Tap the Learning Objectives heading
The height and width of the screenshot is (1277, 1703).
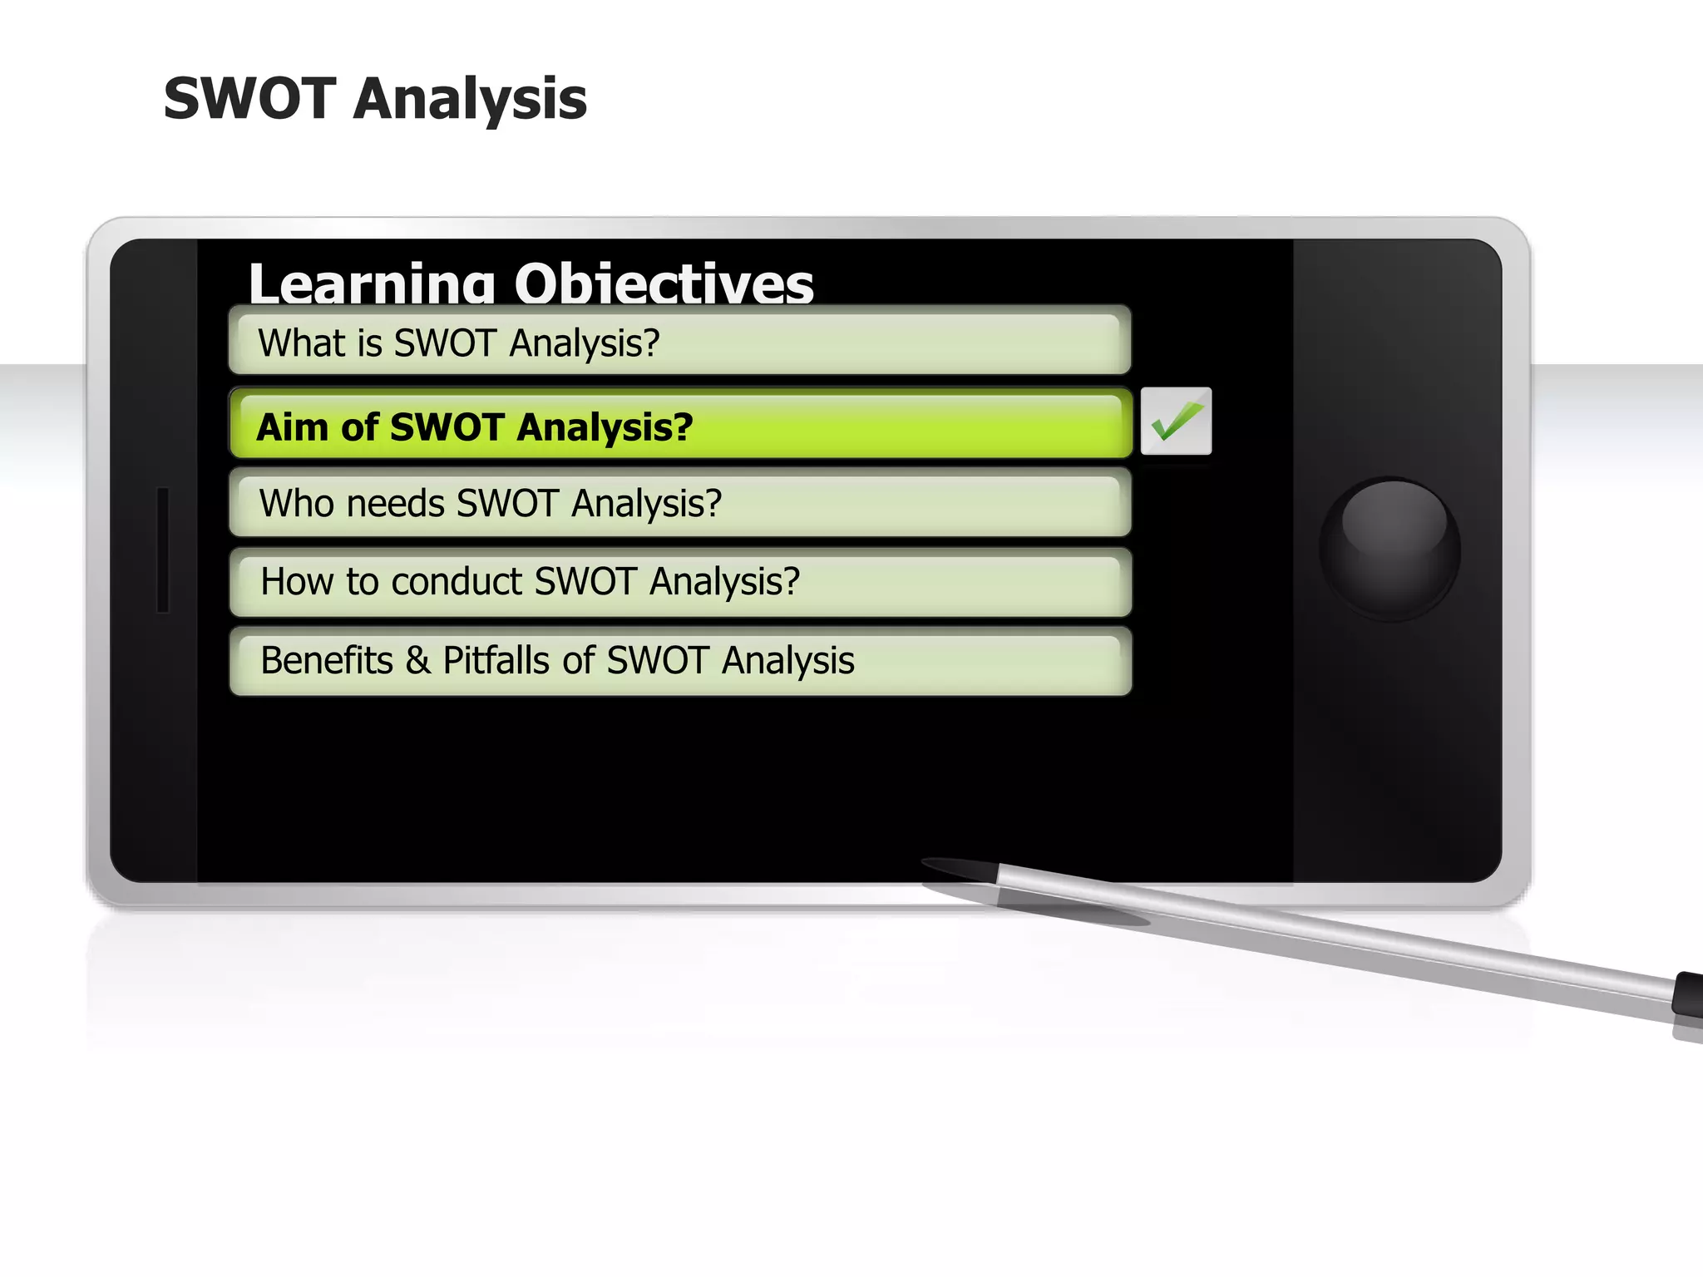click(531, 283)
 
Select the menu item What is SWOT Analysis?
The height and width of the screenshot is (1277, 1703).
click(679, 342)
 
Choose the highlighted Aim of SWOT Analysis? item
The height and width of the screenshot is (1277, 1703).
click(679, 426)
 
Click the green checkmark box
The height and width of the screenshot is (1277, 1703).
click(1176, 421)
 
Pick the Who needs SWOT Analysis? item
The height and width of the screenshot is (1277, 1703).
click(679, 503)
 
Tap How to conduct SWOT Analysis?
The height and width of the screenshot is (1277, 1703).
click(679, 581)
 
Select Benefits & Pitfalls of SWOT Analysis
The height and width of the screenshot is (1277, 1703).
click(679, 661)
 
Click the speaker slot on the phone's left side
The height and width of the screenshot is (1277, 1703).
click(163, 550)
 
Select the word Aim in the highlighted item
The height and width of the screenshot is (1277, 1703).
click(292, 427)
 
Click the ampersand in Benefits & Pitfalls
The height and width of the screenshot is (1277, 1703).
click(417, 661)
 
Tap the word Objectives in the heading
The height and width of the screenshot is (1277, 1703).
click(664, 283)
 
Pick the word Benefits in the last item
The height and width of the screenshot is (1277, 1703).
click(327, 661)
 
